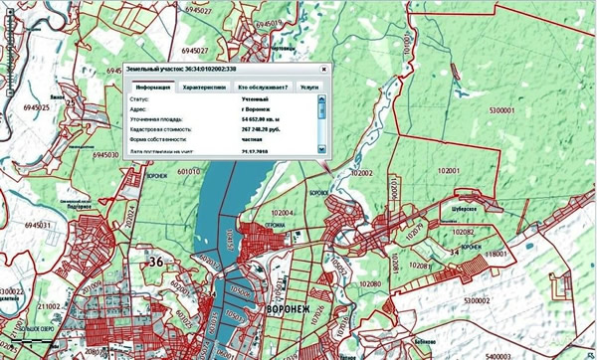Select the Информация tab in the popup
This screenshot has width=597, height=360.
coord(145,87)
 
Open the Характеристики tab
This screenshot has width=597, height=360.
coord(198,87)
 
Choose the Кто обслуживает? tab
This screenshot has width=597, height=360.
coord(257,87)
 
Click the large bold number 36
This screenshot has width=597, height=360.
coord(155,261)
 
